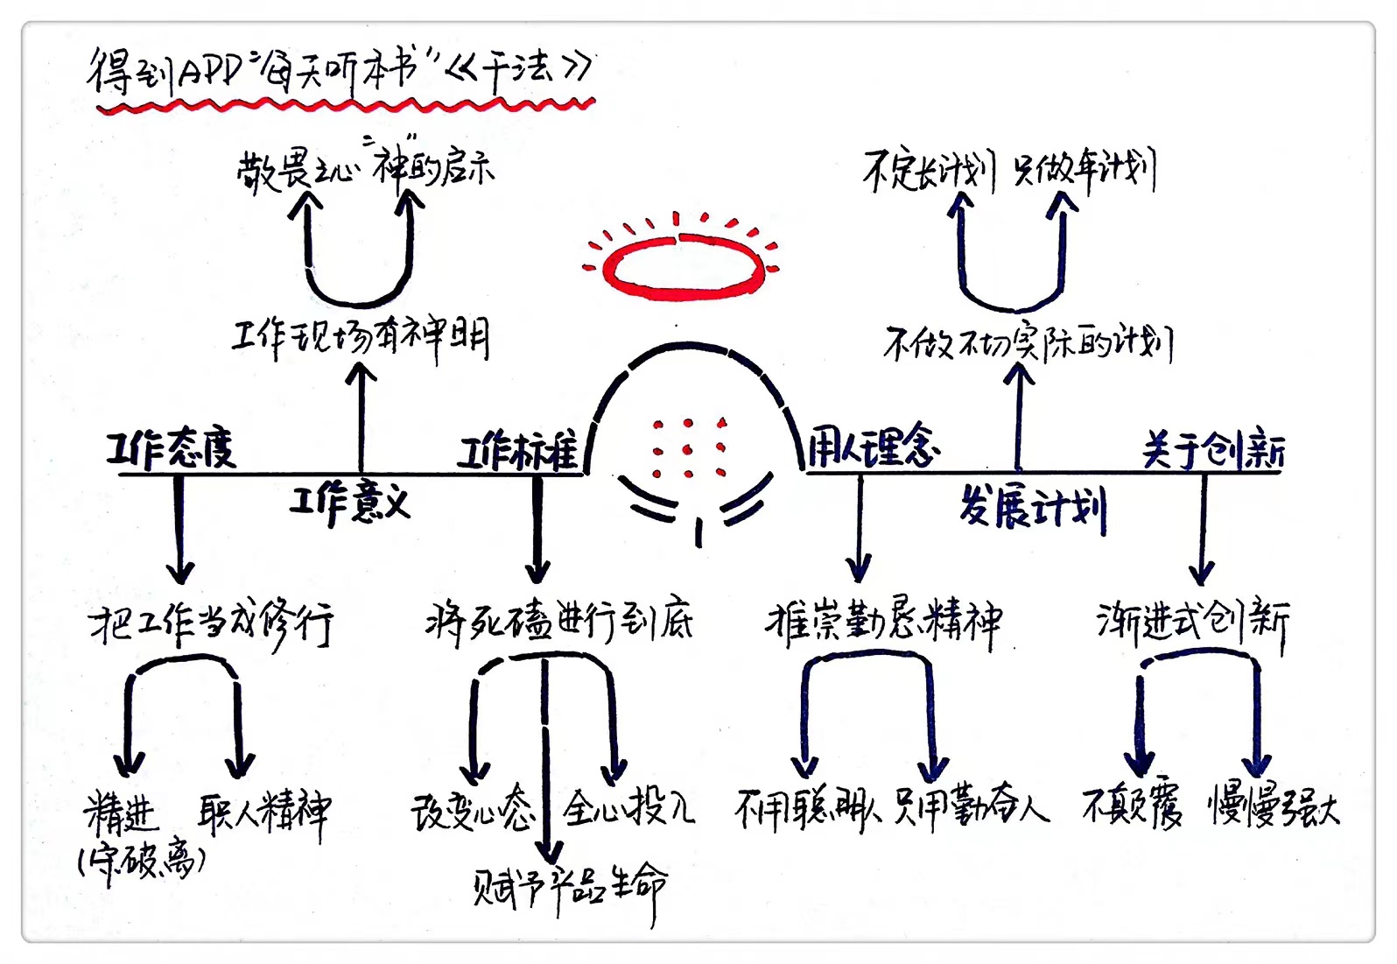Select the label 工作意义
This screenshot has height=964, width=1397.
point(349,503)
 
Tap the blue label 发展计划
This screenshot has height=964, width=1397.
point(1033,507)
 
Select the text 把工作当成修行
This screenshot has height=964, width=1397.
point(211,624)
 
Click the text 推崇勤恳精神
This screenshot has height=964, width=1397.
point(884,623)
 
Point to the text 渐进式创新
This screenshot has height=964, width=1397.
point(1193,623)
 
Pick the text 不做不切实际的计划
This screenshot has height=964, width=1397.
point(1028,343)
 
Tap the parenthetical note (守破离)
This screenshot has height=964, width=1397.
point(143,862)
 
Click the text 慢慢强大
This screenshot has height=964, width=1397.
point(1274,806)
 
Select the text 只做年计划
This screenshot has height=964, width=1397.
point(1085,170)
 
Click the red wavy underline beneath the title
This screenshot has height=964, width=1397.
point(346,106)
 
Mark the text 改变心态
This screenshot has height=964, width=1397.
point(473,810)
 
